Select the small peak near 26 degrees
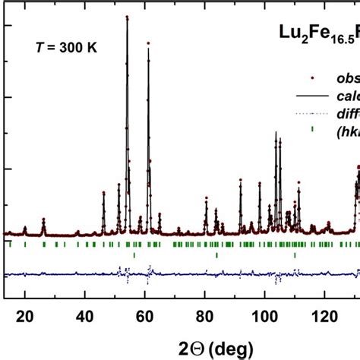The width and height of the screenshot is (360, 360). click(x=43, y=220)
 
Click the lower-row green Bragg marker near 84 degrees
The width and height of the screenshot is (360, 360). click(x=216, y=255)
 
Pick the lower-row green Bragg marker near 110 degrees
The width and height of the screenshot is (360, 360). click(x=295, y=255)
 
